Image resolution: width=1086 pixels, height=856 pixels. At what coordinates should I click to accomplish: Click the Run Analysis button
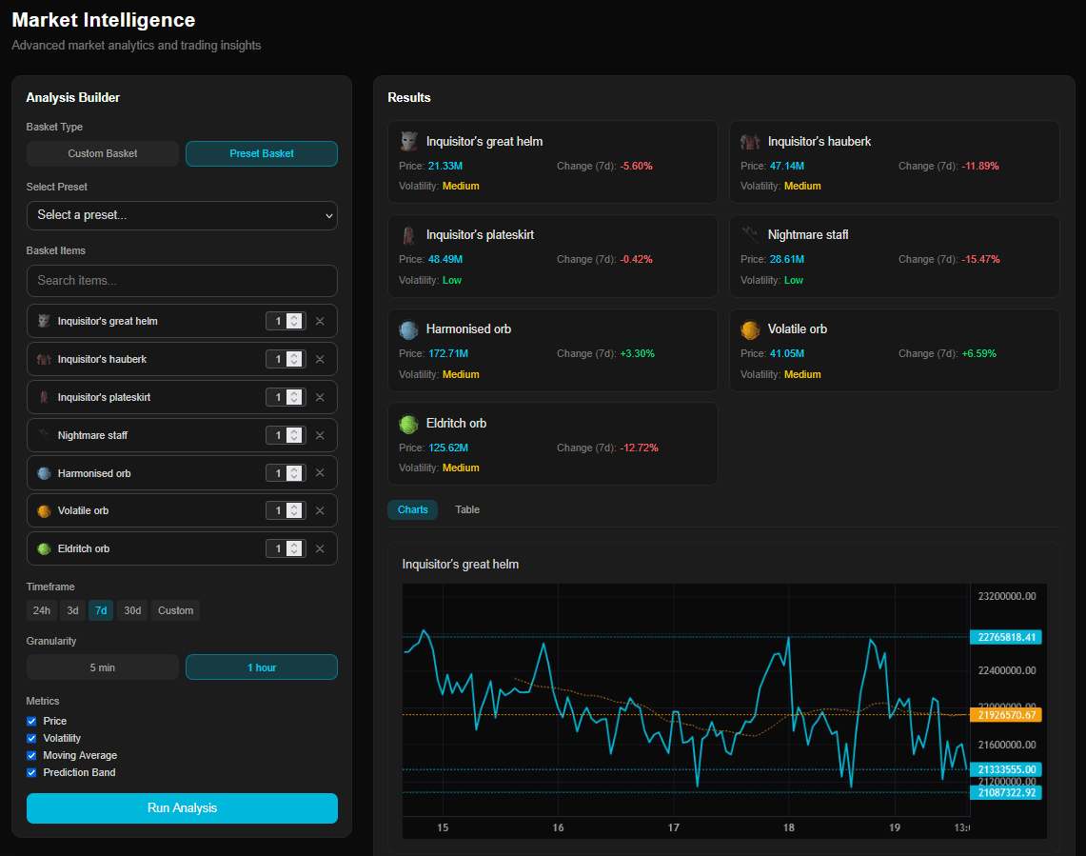182,807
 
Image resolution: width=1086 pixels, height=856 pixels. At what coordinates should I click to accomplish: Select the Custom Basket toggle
103,153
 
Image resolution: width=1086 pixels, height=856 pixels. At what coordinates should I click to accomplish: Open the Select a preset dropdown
182,215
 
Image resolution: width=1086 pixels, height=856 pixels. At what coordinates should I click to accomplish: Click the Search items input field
182,280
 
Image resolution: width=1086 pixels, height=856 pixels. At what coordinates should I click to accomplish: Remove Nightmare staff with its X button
320,435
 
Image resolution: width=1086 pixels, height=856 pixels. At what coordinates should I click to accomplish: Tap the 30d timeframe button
132,610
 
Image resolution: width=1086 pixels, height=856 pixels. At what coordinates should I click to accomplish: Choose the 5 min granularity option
103,667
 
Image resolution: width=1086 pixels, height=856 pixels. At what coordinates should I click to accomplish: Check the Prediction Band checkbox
31,772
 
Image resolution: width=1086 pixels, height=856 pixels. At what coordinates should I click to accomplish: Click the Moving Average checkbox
31,755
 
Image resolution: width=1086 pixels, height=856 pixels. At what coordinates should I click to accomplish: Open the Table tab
467,509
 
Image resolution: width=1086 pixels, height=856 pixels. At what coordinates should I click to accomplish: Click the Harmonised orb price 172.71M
448,353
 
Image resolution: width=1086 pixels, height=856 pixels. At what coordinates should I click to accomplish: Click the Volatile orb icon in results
750,329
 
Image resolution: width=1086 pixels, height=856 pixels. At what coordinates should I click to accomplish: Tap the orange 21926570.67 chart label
1005,714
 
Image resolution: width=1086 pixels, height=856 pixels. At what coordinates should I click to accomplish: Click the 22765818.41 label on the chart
1005,637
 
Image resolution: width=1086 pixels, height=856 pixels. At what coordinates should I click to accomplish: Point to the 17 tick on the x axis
673,827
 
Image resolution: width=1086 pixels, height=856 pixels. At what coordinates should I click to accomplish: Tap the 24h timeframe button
42,610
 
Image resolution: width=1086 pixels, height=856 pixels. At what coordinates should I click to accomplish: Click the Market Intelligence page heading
104,20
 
